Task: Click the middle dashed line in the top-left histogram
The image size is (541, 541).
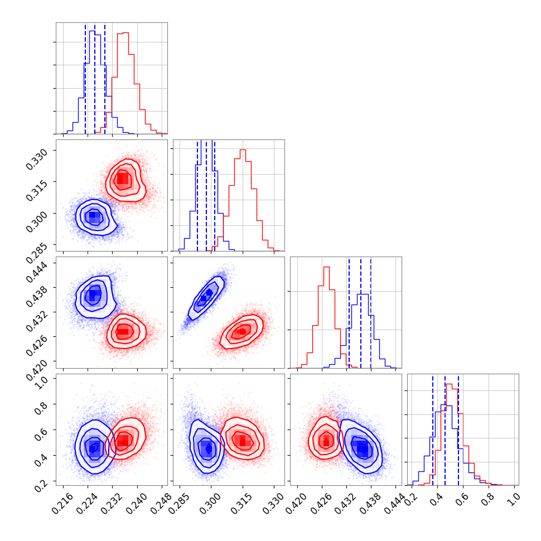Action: tap(95, 78)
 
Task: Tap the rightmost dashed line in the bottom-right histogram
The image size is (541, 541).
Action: tap(458, 429)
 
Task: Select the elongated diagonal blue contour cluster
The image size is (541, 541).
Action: tap(206, 297)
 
